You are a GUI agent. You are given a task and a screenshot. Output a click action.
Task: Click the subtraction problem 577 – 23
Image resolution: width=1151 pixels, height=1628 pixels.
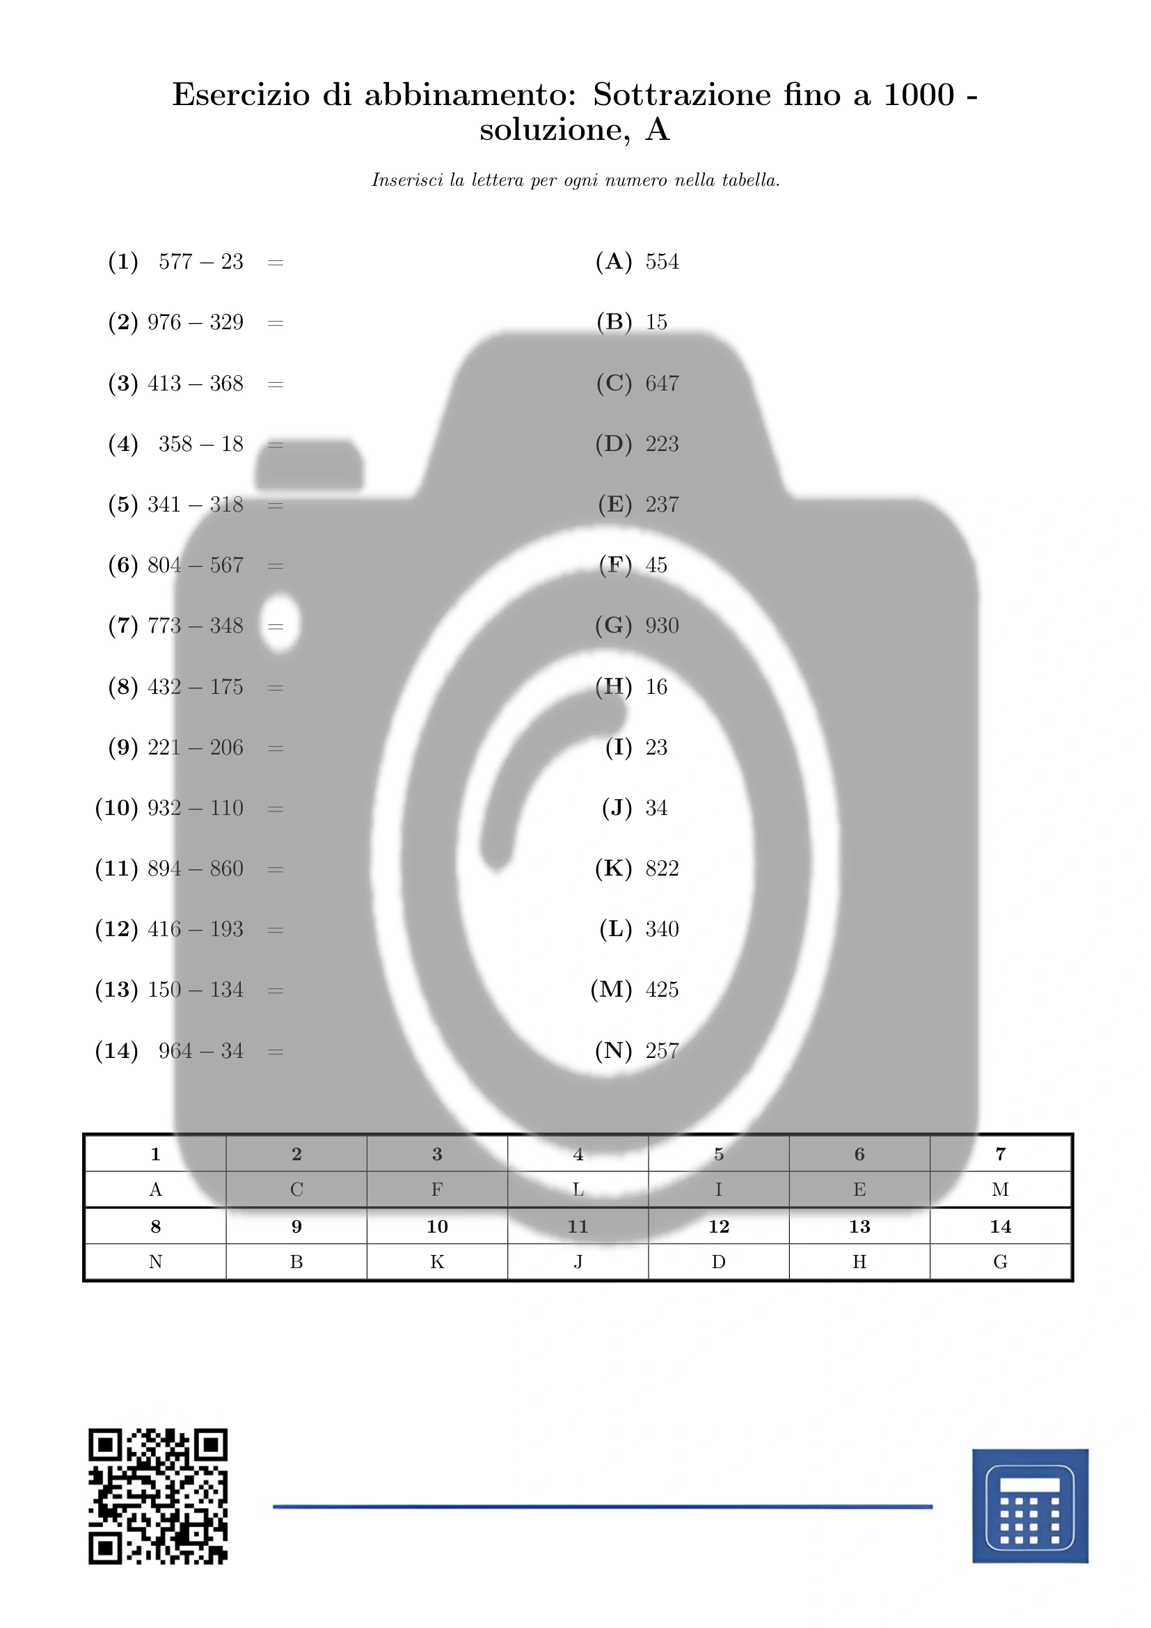coord(200,262)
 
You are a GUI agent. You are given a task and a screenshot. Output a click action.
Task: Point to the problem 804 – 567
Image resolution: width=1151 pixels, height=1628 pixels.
coord(196,565)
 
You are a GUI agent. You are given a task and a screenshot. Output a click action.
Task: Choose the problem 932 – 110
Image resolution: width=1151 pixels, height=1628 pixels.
coord(196,807)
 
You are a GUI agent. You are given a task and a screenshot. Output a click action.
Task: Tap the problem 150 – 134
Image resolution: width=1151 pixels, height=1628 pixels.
coord(196,989)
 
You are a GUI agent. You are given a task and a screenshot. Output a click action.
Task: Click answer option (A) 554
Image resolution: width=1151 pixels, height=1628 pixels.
coord(637,262)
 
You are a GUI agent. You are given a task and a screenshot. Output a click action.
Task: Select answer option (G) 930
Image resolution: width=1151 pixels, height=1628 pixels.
coord(637,626)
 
